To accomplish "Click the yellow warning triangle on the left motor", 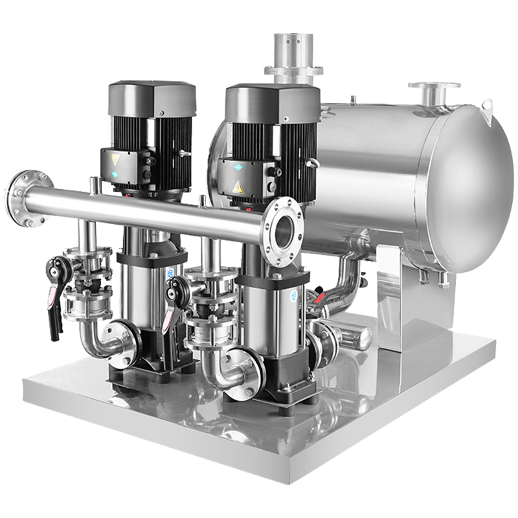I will pyautogui.click(x=116, y=157).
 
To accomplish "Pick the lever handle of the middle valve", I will pyautogui.click(x=170, y=311).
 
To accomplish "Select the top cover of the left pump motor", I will pyautogui.click(x=152, y=97).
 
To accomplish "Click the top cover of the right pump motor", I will pyautogui.click(x=272, y=98).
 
